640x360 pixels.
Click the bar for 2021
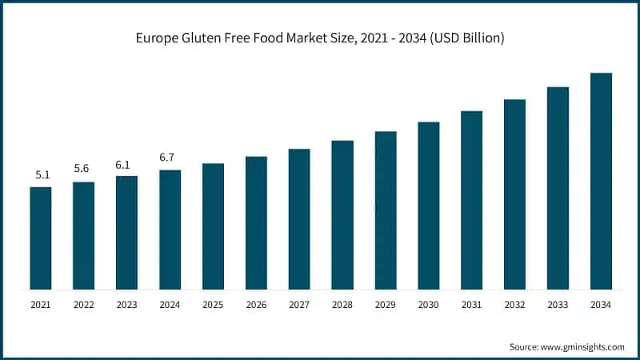(41, 238)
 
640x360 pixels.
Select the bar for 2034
(601, 181)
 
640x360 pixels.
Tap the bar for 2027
(299, 218)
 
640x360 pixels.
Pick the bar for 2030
(429, 205)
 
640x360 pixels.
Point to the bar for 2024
(170, 229)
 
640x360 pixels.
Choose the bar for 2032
(514, 194)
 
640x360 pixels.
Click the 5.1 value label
(41, 174)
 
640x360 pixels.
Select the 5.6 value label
(83, 169)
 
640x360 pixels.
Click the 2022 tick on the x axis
(83, 305)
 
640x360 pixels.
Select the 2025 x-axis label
(213, 305)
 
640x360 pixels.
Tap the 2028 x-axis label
(342, 305)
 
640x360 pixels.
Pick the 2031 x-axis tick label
(471, 305)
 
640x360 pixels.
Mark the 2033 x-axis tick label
(558, 305)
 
